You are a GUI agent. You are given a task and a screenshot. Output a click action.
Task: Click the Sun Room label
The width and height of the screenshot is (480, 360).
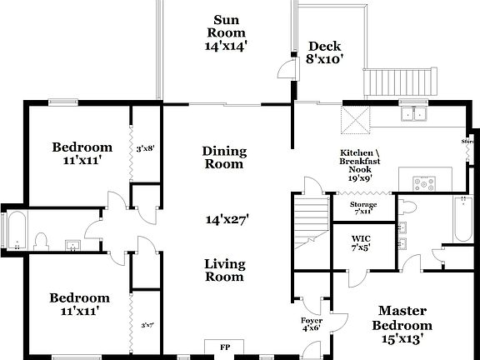[225, 33]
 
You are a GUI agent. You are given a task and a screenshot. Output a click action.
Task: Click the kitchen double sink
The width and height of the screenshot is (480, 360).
[413, 115]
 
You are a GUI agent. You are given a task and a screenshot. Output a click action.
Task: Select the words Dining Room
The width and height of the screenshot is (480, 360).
[225, 157]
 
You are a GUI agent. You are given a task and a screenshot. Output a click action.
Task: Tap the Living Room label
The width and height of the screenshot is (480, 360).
[225, 270]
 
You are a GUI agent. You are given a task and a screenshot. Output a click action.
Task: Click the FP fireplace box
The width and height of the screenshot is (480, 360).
[225, 347]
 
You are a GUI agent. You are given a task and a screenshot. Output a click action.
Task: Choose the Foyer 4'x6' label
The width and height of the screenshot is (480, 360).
[312, 324]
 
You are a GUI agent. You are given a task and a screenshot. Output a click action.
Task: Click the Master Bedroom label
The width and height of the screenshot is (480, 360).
[402, 324]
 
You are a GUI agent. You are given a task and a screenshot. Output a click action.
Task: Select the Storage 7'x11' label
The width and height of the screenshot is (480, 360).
[363, 207]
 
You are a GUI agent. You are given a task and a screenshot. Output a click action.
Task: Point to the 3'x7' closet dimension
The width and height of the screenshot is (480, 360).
[147, 325]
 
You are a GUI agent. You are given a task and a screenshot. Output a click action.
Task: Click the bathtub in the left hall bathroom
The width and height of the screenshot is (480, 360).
[14, 229]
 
